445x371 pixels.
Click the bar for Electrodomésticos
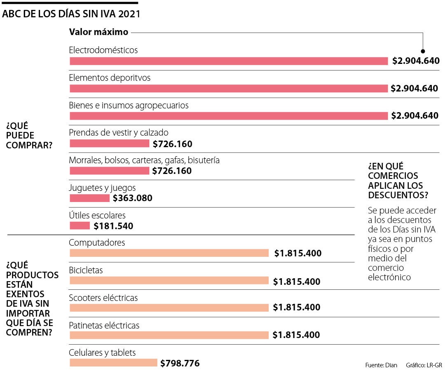tap(229, 61)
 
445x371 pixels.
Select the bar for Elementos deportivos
tap(229, 88)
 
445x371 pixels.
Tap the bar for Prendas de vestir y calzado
tap(109, 143)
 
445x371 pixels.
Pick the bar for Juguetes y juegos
tap(89, 198)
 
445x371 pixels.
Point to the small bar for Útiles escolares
tap(80, 225)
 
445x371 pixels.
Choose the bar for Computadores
tap(169, 253)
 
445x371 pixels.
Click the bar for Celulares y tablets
tap(113, 363)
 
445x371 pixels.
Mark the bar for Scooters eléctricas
tap(169, 308)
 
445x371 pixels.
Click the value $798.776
tap(180, 363)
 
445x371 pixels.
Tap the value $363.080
tap(133, 198)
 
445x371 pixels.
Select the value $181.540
tap(113, 226)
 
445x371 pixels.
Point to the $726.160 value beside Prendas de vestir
tap(173, 144)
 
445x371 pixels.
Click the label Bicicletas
tap(86, 270)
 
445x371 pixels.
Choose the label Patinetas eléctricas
tap(104, 325)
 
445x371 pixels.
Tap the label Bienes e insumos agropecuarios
tap(129, 105)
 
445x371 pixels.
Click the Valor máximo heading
tap(98, 32)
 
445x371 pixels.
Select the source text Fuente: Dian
tap(381, 365)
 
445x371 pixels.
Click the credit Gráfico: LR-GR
tap(424, 365)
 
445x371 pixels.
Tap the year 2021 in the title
tap(129, 14)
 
